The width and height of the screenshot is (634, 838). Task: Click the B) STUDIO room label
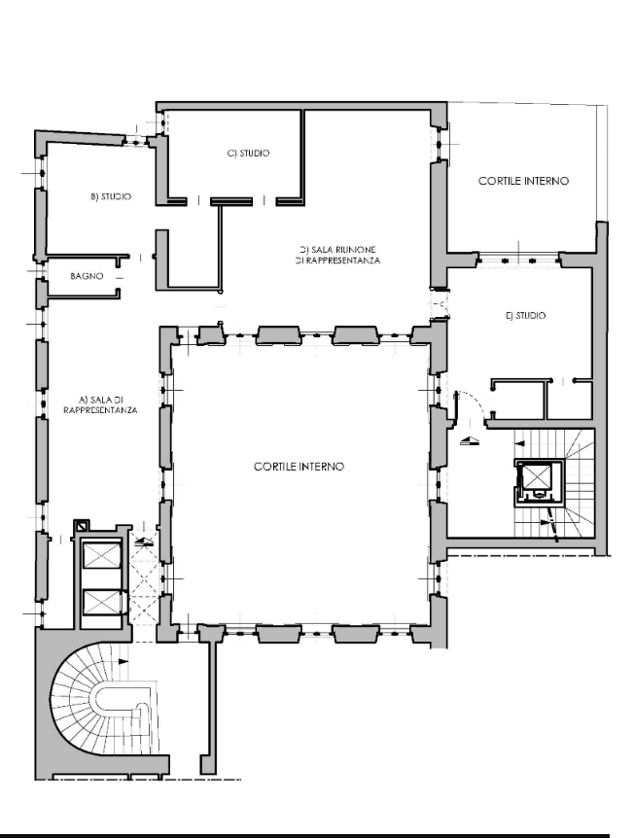[x=111, y=196]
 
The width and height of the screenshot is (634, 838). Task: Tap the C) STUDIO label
[x=249, y=154]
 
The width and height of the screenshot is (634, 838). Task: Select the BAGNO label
[x=87, y=276]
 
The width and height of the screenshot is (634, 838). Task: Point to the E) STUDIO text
[x=525, y=316]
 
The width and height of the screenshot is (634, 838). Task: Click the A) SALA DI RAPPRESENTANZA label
[x=100, y=405]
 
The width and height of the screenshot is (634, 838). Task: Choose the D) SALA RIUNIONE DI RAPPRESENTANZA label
[x=337, y=256]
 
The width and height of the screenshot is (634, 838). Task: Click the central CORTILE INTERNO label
[x=299, y=467]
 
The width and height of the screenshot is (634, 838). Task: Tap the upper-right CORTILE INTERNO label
[x=523, y=181]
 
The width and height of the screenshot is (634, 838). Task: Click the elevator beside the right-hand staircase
[x=540, y=482]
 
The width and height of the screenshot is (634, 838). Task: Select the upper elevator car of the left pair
[x=102, y=557]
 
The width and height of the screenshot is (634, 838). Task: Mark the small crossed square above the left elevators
[x=81, y=526]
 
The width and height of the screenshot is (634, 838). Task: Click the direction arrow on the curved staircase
[x=123, y=661]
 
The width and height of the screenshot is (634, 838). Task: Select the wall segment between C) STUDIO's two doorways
[x=230, y=201]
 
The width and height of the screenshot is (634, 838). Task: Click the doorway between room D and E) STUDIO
[x=440, y=304]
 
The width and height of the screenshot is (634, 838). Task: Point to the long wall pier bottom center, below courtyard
[x=208, y=700]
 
